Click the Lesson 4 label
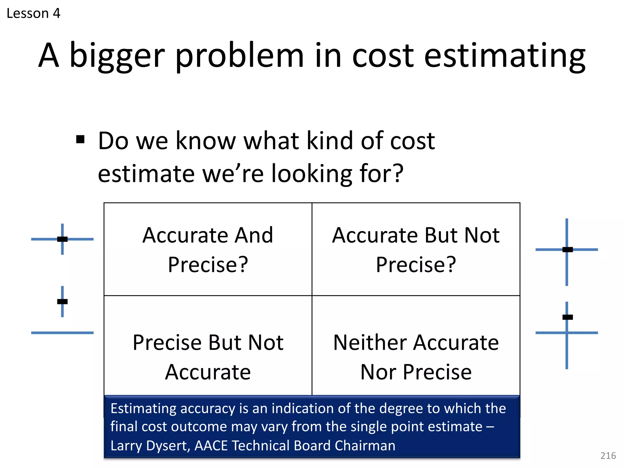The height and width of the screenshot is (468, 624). click(34, 13)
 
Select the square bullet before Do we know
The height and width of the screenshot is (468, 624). click(80, 140)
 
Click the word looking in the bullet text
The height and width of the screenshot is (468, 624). click(312, 173)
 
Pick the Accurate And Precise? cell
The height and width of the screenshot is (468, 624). click(208, 249)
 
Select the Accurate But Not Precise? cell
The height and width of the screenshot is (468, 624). click(416, 249)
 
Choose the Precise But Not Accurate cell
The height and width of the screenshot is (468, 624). click(208, 356)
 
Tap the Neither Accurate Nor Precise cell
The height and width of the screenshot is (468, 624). click(416, 356)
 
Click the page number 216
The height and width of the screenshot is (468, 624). click(608, 456)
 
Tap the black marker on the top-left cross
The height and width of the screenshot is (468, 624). click(62, 239)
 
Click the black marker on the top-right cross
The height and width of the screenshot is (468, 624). click(567, 250)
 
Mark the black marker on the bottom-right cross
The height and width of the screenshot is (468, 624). click(567, 317)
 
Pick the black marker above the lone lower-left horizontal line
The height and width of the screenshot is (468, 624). click(62, 302)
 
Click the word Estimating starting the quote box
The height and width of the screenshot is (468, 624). click(143, 408)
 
